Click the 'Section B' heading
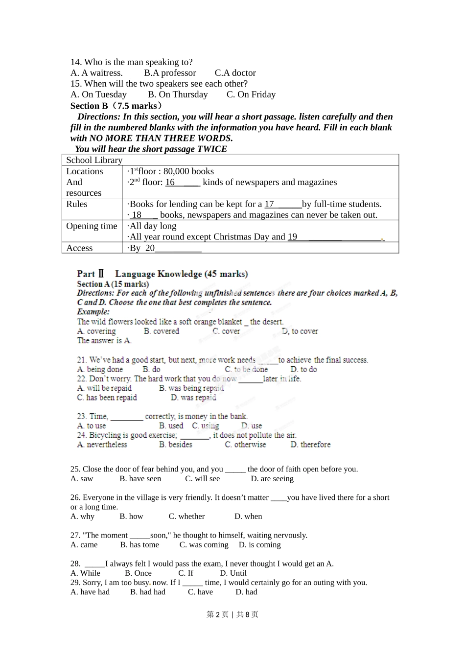(x=89, y=106)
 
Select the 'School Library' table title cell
(x=94, y=160)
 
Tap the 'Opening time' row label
(x=92, y=226)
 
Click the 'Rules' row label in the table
(x=77, y=204)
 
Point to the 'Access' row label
(x=79, y=248)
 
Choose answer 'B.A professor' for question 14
(x=170, y=73)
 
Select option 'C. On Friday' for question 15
(x=251, y=94)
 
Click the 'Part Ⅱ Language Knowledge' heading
(x=162, y=274)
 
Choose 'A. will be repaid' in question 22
(x=104, y=388)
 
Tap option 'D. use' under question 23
(x=252, y=426)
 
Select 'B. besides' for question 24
(x=176, y=445)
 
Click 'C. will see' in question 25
(x=203, y=479)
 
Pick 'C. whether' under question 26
(x=187, y=517)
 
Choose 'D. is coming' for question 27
(x=259, y=545)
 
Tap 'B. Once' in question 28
(x=138, y=573)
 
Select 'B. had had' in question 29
(x=148, y=592)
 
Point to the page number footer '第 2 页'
(x=218, y=614)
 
